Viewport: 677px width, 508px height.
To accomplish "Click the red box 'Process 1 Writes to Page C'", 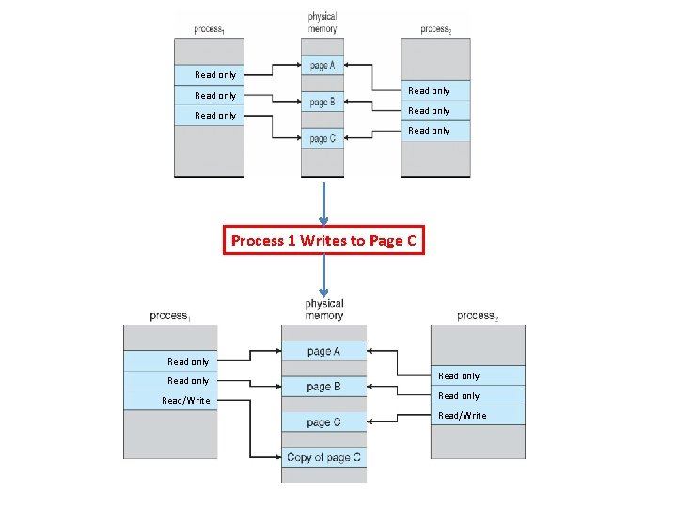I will (x=323, y=241).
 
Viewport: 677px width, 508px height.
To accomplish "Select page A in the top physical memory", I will (x=322, y=66).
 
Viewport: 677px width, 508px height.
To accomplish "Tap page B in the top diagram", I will (x=322, y=102).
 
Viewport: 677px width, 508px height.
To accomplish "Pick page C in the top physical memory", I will (x=322, y=139).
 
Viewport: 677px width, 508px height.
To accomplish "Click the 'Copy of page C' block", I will (x=323, y=458).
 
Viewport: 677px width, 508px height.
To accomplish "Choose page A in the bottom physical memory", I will (x=323, y=351).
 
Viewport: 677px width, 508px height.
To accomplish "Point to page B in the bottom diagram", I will (x=323, y=387).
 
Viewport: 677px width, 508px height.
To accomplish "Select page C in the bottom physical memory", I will (x=323, y=422).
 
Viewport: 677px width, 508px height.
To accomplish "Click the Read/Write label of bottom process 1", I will (x=186, y=401).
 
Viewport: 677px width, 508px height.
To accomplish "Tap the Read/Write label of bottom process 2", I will (x=462, y=416).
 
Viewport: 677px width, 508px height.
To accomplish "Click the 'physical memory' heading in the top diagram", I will (x=323, y=23).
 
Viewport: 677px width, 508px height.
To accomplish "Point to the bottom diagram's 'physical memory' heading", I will (x=323, y=310).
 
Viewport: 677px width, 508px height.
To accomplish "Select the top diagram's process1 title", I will (x=208, y=30).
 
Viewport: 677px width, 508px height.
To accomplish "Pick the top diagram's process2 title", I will (x=435, y=30).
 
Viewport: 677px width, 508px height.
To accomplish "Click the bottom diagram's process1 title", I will (x=170, y=316).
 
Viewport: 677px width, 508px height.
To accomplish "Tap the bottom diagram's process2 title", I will (x=478, y=316).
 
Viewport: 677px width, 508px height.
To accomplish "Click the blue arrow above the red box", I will (x=323, y=202).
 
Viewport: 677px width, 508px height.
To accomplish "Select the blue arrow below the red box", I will (x=323, y=276).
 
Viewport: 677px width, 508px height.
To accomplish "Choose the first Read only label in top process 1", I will (x=215, y=75).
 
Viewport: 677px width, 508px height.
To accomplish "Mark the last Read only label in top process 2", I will (x=429, y=131).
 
